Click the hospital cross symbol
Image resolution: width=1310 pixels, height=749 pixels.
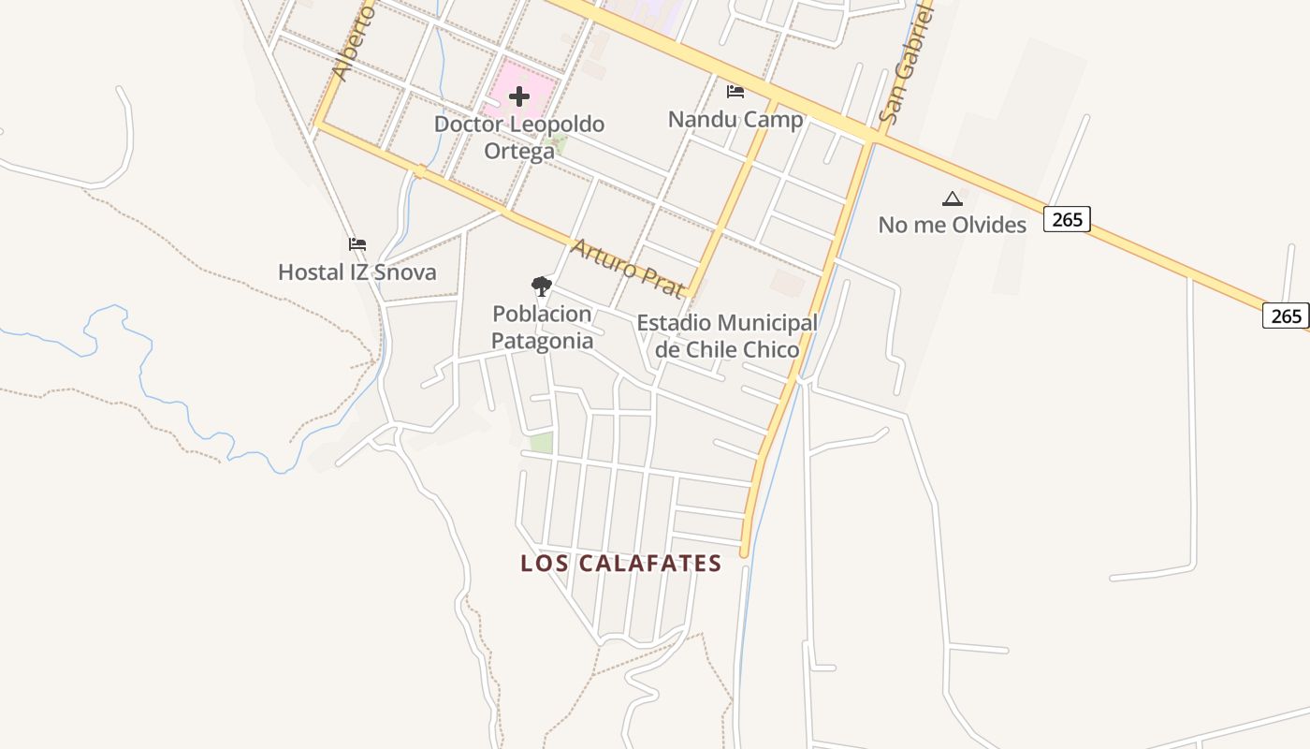(519, 95)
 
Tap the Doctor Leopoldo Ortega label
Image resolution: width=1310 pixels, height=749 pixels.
(519, 137)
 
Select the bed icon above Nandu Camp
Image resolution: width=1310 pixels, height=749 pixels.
(735, 92)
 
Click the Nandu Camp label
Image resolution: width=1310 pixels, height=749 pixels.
(735, 120)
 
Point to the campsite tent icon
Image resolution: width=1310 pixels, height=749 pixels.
(952, 198)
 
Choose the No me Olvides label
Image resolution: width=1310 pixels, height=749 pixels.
(952, 225)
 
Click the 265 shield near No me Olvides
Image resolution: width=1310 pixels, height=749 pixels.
(1067, 219)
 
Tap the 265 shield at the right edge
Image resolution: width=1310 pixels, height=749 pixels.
(1286, 316)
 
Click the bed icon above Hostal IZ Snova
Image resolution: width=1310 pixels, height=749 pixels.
(357, 244)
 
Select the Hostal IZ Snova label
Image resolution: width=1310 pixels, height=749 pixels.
(357, 272)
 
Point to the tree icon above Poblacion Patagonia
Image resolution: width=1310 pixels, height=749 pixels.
(541, 286)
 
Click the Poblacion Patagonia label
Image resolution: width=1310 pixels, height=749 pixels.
(542, 327)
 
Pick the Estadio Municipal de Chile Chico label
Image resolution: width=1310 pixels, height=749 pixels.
(727, 336)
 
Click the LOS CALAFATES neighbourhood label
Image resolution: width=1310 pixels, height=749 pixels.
(621, 564)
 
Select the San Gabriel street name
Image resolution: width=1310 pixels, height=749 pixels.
(908, 66)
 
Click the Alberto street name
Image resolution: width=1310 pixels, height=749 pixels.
(353, 42)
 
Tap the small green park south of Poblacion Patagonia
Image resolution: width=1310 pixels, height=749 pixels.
(541, 443)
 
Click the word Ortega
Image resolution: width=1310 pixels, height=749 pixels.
(519, 151)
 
